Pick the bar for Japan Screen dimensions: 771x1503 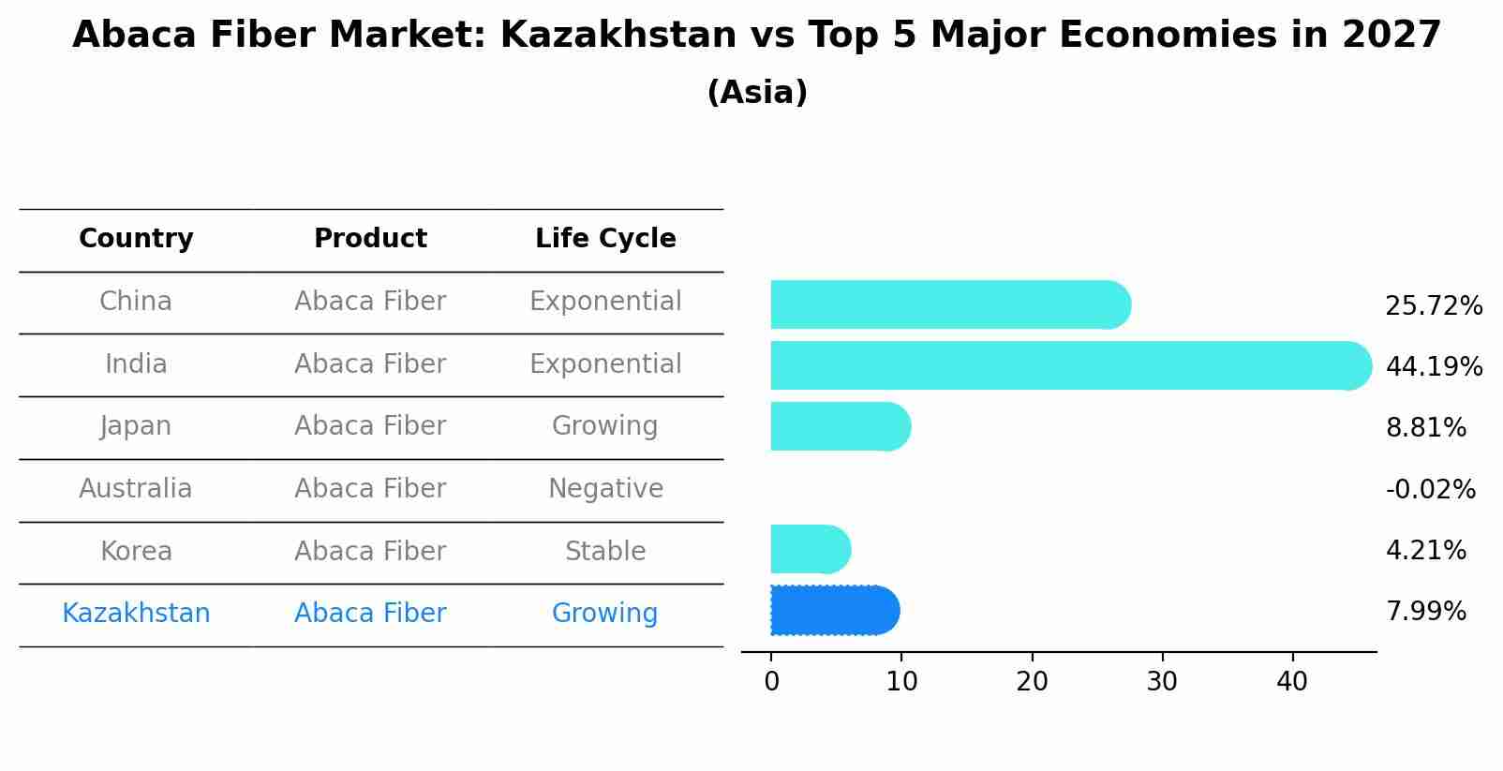[840, 426]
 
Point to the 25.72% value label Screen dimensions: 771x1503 [1433, 306]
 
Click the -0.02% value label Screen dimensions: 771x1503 [1430, 490]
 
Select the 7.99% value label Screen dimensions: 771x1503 [1425, 612]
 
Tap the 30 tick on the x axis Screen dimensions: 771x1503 [1162, 682]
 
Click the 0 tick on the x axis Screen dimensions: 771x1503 [771, 682]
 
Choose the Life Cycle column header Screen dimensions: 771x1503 [605, 239]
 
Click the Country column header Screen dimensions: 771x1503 [136, 239]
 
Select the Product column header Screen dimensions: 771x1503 [370, 239]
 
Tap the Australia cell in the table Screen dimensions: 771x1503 [136, 489]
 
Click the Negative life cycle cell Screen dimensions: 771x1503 [605, 489]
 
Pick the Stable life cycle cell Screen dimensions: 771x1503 [605, 551]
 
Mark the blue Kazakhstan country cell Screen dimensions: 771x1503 [136, 614]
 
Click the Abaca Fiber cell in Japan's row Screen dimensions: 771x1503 [370, 426]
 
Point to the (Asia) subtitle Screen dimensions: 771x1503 [757, 93]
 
